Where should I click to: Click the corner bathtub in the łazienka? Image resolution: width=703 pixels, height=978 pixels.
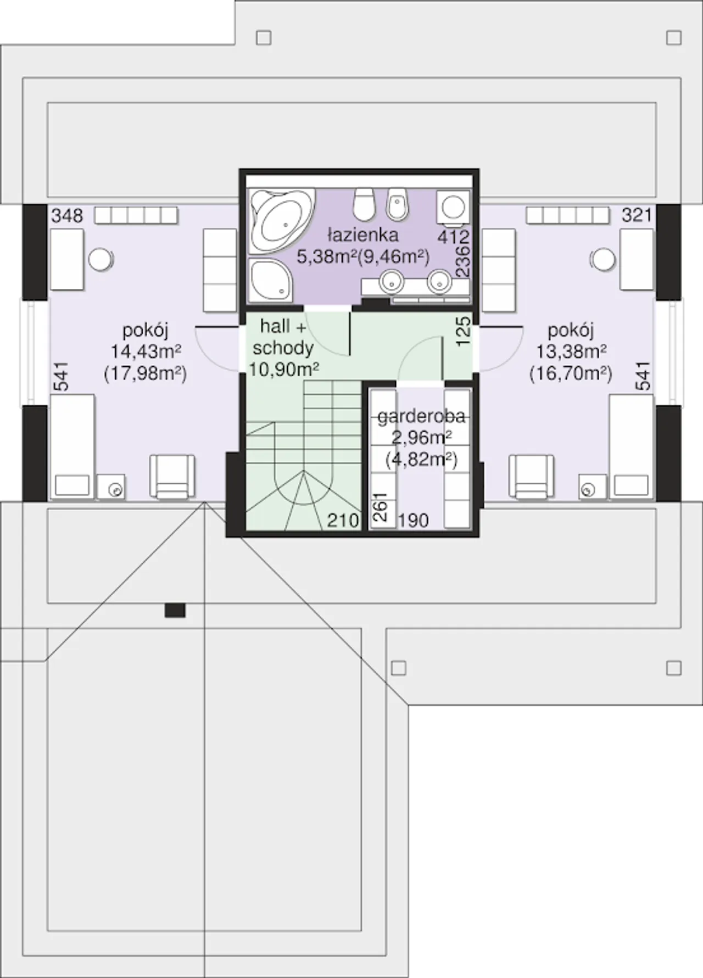(282, 221)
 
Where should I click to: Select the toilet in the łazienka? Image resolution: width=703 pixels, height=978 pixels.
(363, 203)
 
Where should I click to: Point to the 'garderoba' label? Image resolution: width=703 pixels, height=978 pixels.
(421, 417)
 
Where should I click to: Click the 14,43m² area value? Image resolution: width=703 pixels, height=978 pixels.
(146, 350)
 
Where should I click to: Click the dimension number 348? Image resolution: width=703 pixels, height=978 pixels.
(67, 215)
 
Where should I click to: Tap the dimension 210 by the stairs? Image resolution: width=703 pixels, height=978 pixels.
(343, 520)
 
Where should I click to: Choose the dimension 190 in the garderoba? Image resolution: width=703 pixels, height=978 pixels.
(413, 520)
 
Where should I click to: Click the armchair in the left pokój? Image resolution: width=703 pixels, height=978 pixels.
(172, 477)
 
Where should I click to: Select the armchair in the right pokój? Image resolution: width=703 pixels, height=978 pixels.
(531, 477)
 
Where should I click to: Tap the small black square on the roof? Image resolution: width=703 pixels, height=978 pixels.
(175, 610)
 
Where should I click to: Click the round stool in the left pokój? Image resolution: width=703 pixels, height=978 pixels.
(100, 259)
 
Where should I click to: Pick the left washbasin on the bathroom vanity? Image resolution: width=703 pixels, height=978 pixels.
(393, 281)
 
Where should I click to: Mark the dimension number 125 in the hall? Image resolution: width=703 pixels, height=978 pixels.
(463, 331)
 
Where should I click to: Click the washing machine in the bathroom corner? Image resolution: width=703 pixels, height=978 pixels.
(454, 208)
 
